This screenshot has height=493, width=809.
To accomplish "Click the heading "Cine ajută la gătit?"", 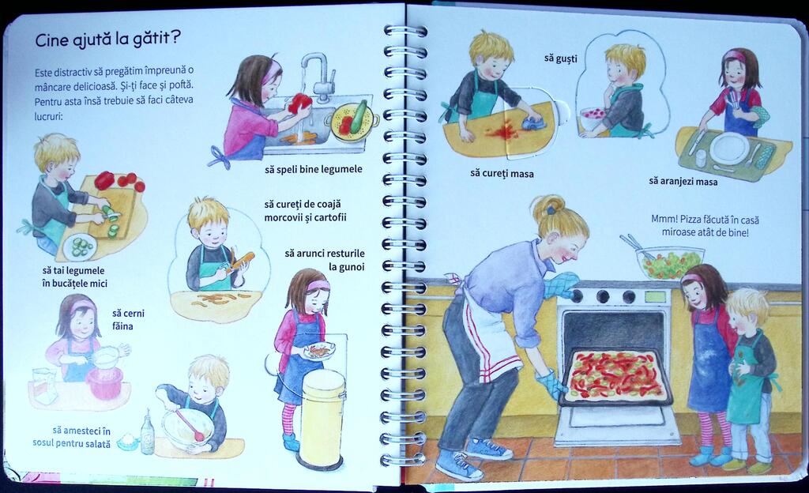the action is (107, 40).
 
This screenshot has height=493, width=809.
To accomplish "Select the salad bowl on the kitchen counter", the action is (670, 262).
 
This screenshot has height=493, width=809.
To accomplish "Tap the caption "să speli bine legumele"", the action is (313, 169).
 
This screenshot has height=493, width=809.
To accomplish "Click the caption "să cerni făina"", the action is (128, 319).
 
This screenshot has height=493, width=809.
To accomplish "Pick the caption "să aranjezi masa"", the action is (683, 181).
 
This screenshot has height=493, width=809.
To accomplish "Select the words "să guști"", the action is (560, 58).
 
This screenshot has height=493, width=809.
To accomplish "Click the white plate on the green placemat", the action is (729, 149).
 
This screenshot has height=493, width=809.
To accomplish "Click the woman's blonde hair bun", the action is (547, 208).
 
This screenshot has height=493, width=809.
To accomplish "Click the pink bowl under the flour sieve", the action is (104, 382).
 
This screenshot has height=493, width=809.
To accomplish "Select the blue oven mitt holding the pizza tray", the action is (551, 385).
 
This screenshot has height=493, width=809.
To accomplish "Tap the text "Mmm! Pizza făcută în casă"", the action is (705, 219).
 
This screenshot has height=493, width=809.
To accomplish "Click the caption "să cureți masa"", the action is (502, 173).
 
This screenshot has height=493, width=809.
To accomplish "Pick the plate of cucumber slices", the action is (80, 247).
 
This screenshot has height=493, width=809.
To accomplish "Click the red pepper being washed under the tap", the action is (299, 103).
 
